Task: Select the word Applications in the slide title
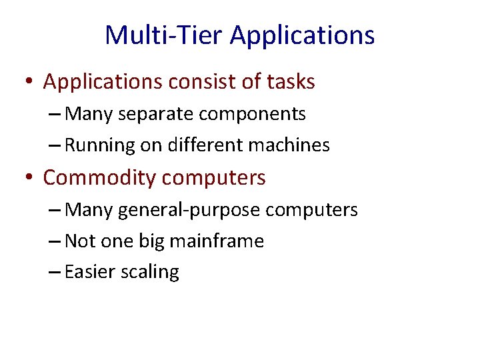[302, 35]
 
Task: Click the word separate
[149, 114]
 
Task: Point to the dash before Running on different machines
[55, 146]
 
